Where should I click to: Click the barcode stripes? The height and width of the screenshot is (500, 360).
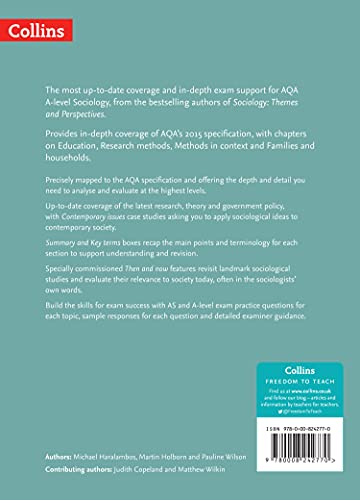(x=294, y=447)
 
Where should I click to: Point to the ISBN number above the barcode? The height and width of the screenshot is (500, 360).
(x=295, y=428)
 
